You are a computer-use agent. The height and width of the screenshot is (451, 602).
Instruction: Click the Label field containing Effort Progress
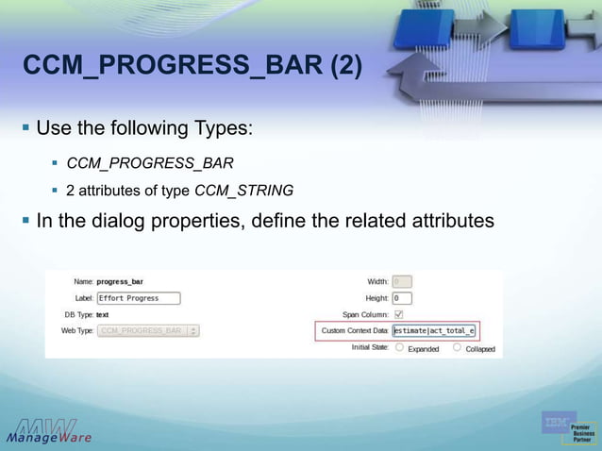tap(138, 298)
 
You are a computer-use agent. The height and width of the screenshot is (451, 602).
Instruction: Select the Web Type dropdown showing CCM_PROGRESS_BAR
tap(148, 331)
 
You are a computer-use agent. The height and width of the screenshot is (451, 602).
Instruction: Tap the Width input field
tap(401, 281)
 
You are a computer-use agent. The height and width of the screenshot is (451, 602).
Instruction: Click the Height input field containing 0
tap(401, 298)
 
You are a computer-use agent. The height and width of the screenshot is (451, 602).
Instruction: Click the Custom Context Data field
tap(435, 331)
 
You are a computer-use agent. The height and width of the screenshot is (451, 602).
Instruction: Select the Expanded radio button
tap(399, 347)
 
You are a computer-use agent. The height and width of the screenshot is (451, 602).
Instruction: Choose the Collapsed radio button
tap(457, 347)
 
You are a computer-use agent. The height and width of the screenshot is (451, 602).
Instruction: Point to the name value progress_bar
tap(120, 281)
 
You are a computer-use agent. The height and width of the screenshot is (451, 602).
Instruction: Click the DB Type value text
tap(102, 314)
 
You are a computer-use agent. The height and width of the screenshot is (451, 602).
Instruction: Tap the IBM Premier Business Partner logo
tap(569, 427)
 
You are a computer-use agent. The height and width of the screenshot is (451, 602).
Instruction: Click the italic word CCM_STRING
tap(243, 191)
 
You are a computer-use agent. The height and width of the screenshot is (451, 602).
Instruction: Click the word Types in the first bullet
tap(226, 127)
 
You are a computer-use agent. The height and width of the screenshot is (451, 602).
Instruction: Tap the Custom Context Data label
tap(354, 331)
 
